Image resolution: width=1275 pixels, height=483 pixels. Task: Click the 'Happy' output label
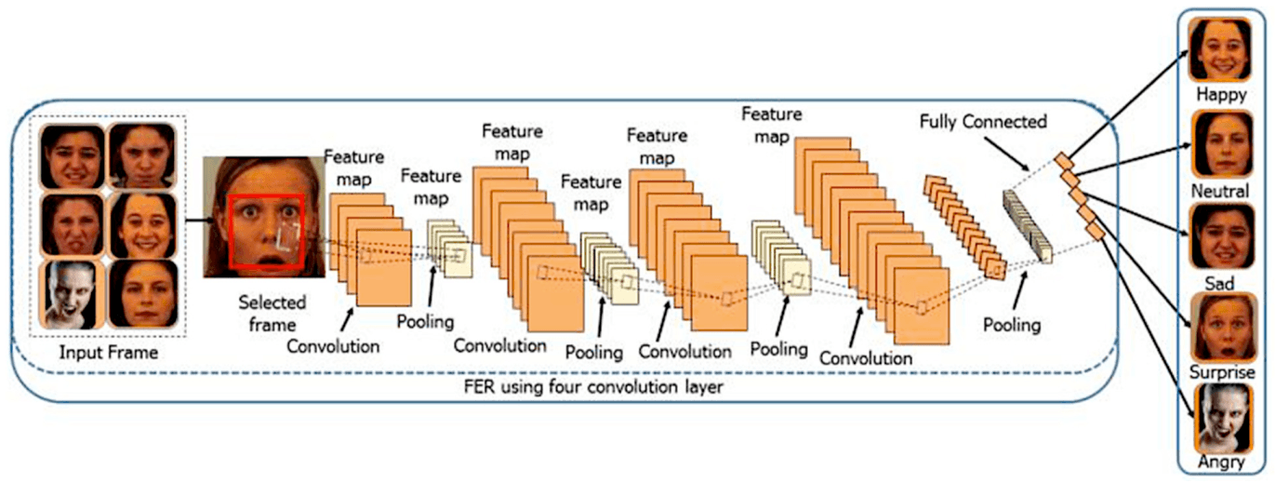[x=1221, y=94]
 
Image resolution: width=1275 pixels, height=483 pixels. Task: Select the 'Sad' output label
[x=1219, y=283]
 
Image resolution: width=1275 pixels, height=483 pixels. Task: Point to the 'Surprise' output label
[x=1221, y=372]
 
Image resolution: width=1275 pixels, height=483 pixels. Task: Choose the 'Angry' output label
[x=1221, y=462]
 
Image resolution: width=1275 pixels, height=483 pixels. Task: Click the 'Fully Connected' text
[x=983, y=122]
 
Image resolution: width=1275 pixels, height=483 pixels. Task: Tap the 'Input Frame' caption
[x=109, y=352]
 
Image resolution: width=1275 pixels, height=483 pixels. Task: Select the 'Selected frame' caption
[x=272, y=314]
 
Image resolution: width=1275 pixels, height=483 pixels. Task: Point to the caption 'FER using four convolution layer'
[x=593, y=387]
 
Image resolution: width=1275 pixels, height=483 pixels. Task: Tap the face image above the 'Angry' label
[x=1222, y=419]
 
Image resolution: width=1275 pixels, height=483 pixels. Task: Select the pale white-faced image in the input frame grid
[x=72, y=295]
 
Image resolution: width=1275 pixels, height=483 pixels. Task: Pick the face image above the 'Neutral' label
[x=1221, y=144]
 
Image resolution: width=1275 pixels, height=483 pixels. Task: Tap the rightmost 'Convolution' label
[x=866, y=358]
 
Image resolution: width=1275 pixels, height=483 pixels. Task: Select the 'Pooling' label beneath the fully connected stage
[x=1012, y=325]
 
